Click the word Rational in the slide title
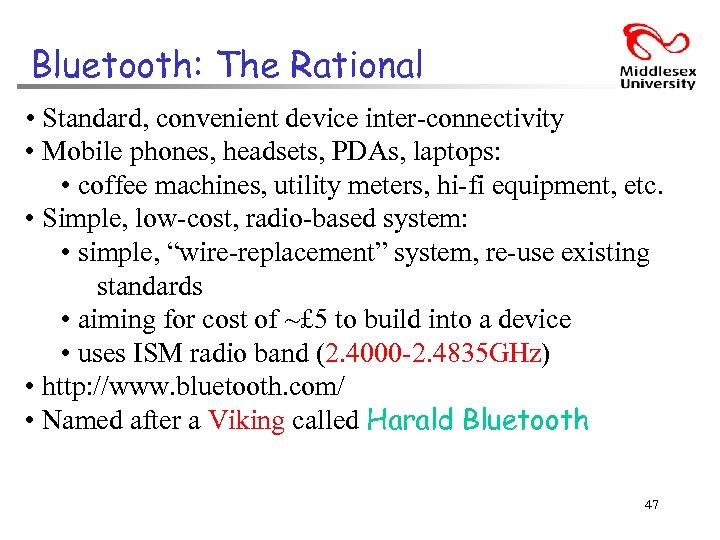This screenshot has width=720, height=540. (356, 66)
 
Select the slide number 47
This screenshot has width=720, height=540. (651, 505)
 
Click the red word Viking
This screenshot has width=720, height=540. (246, 421)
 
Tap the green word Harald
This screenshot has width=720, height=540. (411, 420)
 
